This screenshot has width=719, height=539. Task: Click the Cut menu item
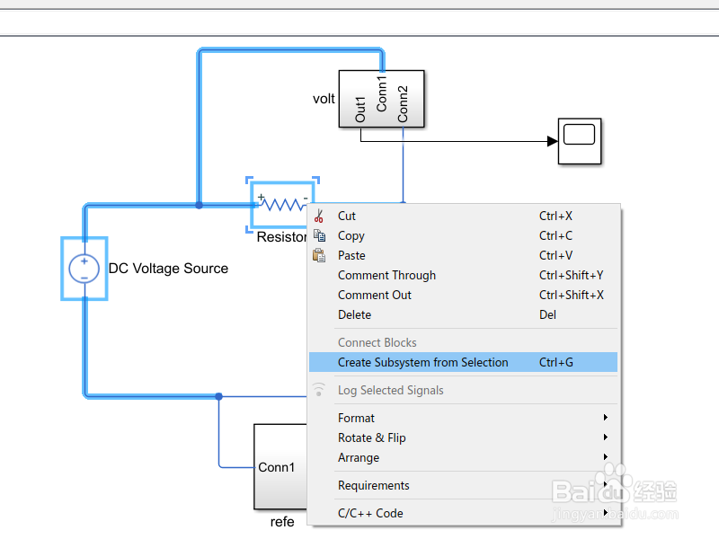[347, 216]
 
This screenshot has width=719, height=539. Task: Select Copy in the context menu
[351, 235]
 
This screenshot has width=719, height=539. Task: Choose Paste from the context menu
[351, 255]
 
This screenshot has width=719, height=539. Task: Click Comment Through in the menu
[386, 275]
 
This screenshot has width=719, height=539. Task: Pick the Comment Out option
[375, 295]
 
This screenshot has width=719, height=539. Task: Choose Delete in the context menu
[354, 314]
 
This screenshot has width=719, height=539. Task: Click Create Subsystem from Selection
[422, 362]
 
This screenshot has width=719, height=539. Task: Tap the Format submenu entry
[356, 418]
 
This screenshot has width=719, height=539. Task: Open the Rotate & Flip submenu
[371, 437]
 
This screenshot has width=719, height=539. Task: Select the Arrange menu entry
[359, 457]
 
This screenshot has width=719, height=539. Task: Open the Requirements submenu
[373, 485]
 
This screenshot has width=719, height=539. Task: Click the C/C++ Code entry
[370, 513]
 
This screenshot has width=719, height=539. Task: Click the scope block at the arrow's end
[579, 140]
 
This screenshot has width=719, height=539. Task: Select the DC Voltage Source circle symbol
[84, 268]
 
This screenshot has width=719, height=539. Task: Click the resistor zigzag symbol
[283, 204]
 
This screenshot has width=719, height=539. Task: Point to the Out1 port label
[361, 110]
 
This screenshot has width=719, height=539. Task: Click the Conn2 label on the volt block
[403, 103]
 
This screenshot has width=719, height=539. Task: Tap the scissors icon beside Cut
[319, 216]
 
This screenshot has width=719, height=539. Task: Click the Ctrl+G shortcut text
[555, 362]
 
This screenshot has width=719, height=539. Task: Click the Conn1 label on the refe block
[276, 467]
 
